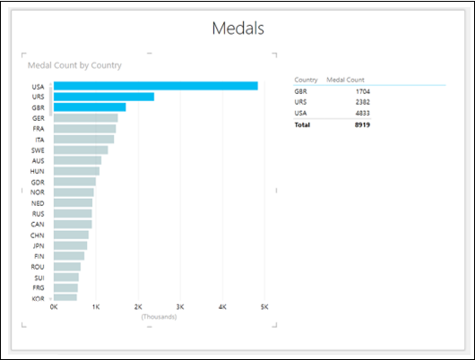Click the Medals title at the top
(237, 28)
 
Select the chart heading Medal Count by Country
(74, 65)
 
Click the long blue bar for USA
(156, 86)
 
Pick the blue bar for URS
(104, 97)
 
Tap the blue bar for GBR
(90, 107)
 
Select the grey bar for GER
(85, 118)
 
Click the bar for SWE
(81, 150)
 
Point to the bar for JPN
(70, 244)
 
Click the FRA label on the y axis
(39, 129)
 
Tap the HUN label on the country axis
(39, 171)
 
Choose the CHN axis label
(39, 235)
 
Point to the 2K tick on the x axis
(137, 306)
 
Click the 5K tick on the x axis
(263, 306)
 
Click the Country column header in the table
(306, 80)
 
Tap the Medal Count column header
(345, 80)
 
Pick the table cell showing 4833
(360, 113)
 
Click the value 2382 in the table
(360, 102)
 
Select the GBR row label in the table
(301, 91)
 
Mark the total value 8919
(360, 124)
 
